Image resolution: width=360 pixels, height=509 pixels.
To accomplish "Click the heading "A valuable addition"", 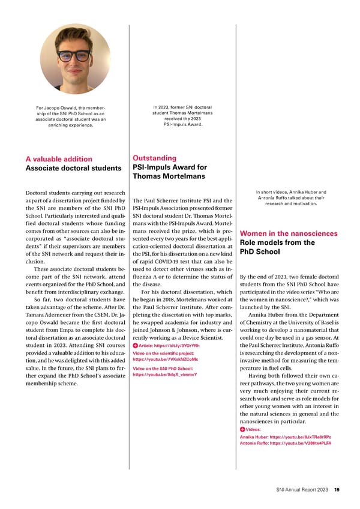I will (x=59, y=159).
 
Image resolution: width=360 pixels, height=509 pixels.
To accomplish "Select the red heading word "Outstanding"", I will (x=155, y=158).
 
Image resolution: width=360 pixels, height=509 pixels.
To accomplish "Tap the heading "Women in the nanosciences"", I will (x=288, y=233).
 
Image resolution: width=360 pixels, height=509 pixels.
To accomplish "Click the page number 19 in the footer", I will (x=337, y=490).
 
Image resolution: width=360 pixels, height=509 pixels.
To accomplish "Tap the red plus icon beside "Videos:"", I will (x=242, y=430).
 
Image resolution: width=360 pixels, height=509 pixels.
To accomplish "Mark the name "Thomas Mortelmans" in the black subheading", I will (x=170, y=177).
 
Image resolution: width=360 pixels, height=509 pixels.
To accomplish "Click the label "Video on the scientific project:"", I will (x=162, y=353).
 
